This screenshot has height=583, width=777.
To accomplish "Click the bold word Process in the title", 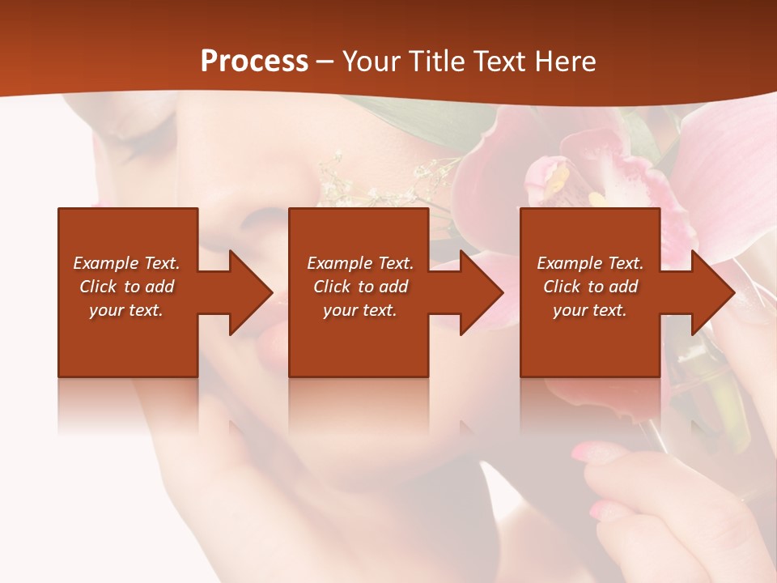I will click(254, 62).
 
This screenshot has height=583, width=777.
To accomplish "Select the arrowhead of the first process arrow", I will click(250, 292).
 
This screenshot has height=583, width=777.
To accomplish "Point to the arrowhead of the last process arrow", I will click(711, 292).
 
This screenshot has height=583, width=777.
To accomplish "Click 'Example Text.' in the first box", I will click(127, 263).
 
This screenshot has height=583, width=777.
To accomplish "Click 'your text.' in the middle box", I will click(360, 310).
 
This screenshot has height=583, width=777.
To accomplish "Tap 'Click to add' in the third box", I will click(591, 287).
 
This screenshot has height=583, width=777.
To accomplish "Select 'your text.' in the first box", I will click(127, 310).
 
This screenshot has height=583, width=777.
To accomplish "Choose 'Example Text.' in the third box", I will click(591, 263).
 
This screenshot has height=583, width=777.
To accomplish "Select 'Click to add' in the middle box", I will click(360, 287).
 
